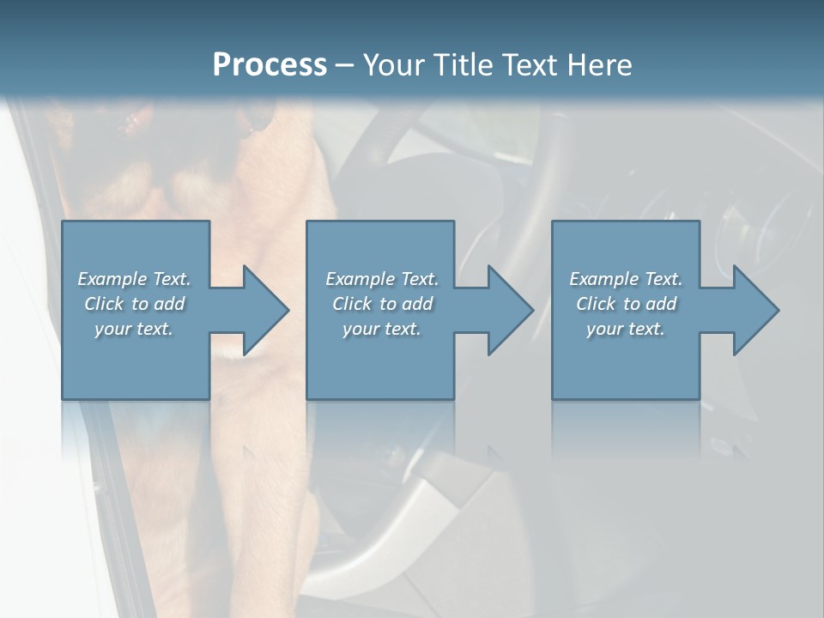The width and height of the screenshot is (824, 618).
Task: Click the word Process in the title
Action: pyautogui.click(x=270, y=65)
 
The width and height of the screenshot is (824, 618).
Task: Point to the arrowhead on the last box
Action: pyautogui.click(x=754, y=310)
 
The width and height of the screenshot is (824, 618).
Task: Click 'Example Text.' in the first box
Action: pyautogui.click(x=134, y=279)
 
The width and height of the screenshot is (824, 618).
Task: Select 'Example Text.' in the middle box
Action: pyautogui.click(x=381, y=279)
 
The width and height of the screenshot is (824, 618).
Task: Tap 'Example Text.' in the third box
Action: pyautogui.click(x=626, y=279)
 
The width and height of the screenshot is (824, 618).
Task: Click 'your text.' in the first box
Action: pyautogui.click(x=134, y=329)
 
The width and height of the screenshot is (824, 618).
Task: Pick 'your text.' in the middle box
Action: pyautogui.click(x=381, y=329)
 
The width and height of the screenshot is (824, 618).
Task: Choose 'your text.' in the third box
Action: pyautogui.click(x=626, y=329)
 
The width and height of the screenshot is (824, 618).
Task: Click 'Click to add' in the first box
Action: pyautogui.click(x=134, y=304)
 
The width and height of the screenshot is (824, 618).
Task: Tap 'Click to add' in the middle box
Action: pyautogui.click(x=381, y=304)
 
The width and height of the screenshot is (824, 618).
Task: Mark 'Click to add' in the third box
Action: pyautogui.click(x=626, y=304)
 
